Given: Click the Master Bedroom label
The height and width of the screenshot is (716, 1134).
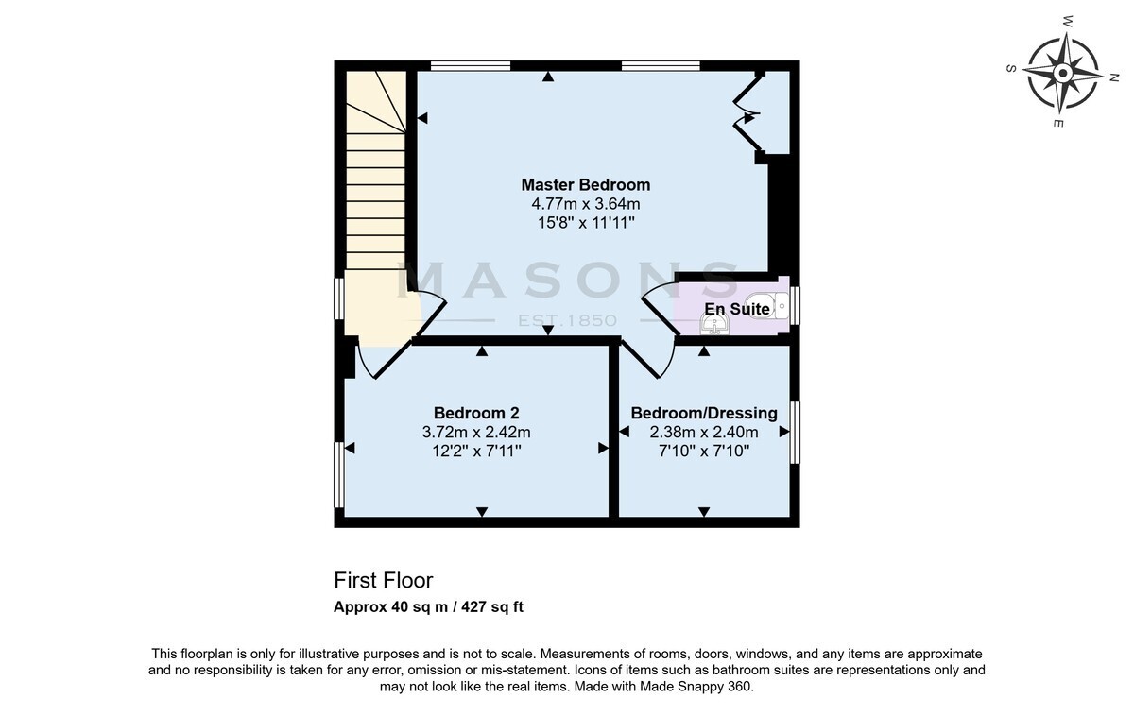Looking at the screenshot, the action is point(586,185).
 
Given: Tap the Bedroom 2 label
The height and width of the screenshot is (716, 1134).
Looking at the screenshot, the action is point(476,413).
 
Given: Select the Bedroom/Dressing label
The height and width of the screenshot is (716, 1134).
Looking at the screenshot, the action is point(704,413).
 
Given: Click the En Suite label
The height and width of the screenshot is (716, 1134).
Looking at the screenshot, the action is point(737,309).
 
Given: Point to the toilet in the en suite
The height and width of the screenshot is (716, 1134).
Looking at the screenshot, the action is point(767,305).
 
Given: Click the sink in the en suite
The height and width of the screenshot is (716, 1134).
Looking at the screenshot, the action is point(714,324).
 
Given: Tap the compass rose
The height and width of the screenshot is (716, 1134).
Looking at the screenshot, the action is point(1063,74).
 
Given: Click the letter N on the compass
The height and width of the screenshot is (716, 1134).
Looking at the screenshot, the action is point(1114,77).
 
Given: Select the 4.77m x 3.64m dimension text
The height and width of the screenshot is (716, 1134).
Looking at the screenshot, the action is point(586,204).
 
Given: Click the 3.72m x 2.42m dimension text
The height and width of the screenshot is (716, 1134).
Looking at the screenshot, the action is point(476,432).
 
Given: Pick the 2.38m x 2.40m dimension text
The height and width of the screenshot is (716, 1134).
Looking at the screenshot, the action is point(704,432).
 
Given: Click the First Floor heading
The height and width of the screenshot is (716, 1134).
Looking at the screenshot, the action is point(384,580).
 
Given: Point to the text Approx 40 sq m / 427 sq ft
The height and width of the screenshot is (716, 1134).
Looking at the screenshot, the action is point(428,606).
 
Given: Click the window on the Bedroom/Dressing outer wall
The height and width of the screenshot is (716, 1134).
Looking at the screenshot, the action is point(795,432).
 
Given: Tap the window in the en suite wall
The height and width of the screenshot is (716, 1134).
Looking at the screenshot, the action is point(795,305).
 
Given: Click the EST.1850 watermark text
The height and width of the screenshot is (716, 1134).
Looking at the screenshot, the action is point(567,320).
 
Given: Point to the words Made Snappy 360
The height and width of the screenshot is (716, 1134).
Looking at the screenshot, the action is point(696,687).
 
